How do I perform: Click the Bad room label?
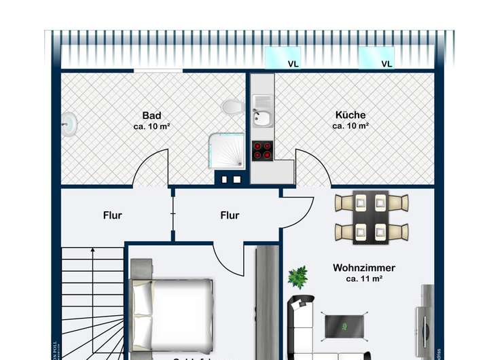(151, 115)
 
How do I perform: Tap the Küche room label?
(350, 115)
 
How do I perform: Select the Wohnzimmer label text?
(364, 268)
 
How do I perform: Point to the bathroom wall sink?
(69, 124)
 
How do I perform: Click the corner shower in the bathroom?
(226, 149)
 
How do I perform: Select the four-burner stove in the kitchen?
(263, 150)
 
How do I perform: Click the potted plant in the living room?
(297, 277)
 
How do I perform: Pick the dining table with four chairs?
(372, 217)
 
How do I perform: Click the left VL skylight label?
(293, 65)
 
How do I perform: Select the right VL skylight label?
(386, 65)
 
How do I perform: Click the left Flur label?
(113, 215)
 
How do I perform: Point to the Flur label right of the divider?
(230, 215)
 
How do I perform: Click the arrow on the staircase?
(92, 253)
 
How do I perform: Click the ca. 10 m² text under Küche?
(350, 126)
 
